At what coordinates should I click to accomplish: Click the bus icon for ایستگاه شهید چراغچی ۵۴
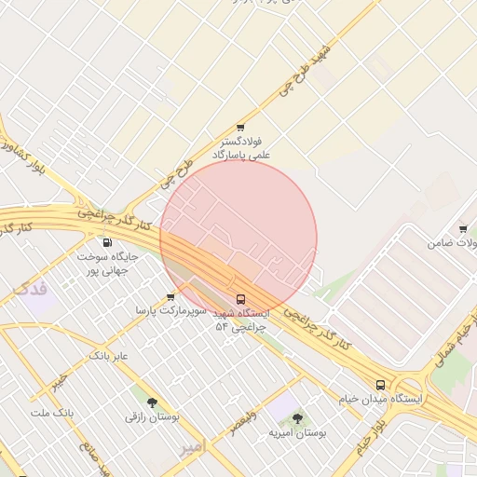tap(241, 299)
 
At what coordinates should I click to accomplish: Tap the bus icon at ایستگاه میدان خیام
tap(380, 385)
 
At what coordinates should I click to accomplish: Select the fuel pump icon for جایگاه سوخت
tap(107, 242)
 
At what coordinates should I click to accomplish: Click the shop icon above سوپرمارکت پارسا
tap(170, 297)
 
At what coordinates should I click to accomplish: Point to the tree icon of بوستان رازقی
tap(152, 402)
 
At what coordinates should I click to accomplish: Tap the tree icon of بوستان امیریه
tap(297, 419)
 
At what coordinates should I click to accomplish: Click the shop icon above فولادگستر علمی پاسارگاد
tap(240, 127)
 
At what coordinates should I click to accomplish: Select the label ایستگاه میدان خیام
tap(390, 399)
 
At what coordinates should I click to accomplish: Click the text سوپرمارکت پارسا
tap(162, 310)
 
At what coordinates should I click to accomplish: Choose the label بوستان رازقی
tap(153, 416)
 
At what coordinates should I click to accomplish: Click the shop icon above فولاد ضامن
tap(463, 229)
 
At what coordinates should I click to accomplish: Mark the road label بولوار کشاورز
tap(24, 155)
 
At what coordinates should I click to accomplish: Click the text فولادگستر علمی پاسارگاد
tap(241, 147)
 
